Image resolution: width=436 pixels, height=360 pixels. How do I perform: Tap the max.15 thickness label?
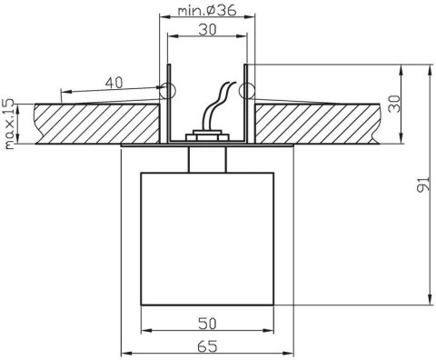pos(11,121)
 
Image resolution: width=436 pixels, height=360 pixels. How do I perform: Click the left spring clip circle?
pos(164,90)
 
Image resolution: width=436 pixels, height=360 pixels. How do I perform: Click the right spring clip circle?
pos(246,90)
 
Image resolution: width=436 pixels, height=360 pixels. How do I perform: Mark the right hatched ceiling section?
pos(318,123)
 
